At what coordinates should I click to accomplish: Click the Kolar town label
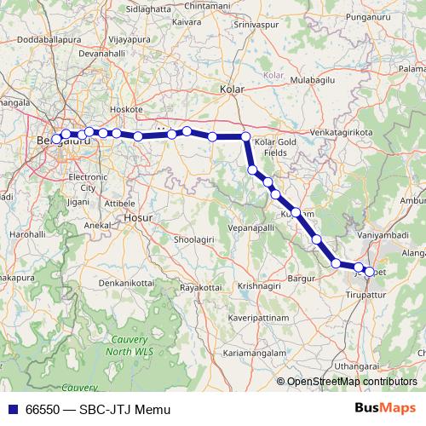(x=232, y=89)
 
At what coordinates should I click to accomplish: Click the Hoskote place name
(x=127, y=110)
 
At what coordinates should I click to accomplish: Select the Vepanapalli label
(x=254, y=229)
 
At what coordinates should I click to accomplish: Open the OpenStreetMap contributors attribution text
(x=351, y=383)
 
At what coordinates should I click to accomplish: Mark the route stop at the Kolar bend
(x=245, y=136)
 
